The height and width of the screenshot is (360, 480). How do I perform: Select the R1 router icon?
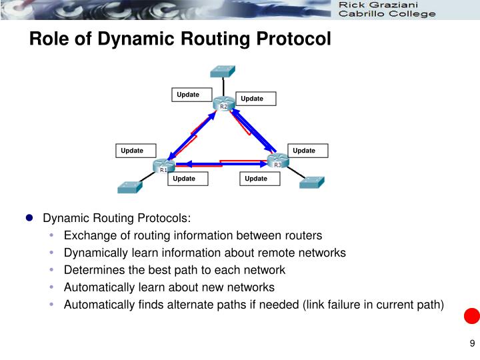click(163, 166)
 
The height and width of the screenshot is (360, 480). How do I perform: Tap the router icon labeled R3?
click(277, 161)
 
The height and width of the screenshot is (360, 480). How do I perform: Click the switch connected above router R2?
click(221, 71)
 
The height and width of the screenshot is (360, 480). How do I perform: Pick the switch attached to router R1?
click(129, 187)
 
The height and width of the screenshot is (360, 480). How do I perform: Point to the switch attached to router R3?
click(311, 182)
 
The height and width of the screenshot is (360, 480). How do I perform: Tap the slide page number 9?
click(472, 344)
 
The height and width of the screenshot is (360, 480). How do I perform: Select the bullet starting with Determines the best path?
click(174, 270)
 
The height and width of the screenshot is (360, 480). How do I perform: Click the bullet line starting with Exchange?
click(193, 235)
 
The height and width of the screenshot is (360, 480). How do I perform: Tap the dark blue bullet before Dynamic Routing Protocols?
click(29, 218)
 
